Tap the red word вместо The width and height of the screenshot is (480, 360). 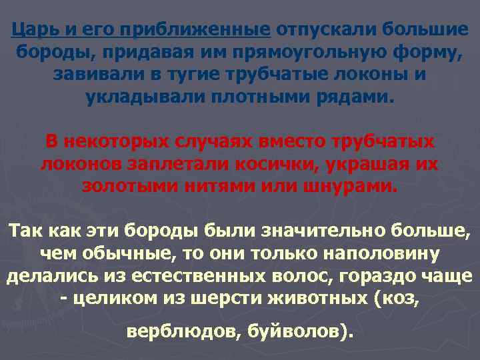point(297,141)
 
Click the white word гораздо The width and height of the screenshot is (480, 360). point(363,277)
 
